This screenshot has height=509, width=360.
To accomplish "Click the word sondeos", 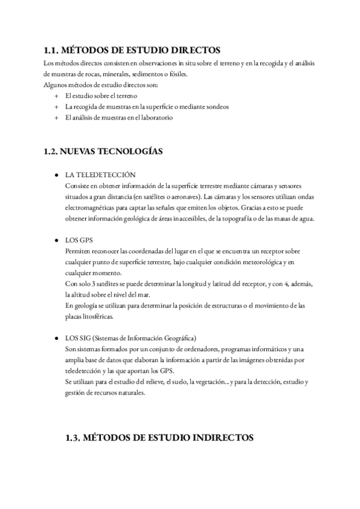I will pyautogui.click(x=215, y=107).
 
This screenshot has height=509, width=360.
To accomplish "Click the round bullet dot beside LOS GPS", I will pyautogui.click(x=56, y=240).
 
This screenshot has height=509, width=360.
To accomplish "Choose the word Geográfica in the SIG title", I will pyautogui.click(x=187, y=339).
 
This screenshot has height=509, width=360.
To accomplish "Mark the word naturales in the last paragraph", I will pyautogui.click(x=131, y=393).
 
